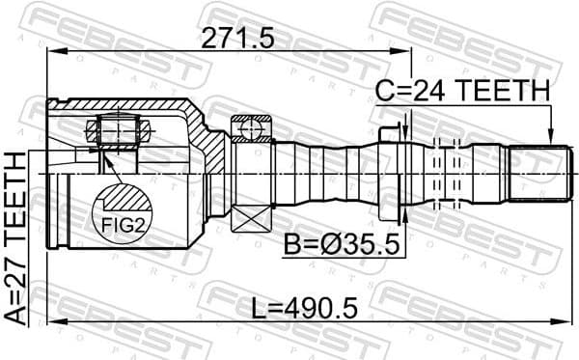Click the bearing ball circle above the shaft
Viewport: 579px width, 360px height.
coord(251,125)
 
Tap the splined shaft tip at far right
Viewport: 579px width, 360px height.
coord(536,174)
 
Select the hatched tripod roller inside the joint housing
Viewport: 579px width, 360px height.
coord(115,129)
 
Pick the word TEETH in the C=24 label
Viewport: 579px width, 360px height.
coord(503,91)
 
